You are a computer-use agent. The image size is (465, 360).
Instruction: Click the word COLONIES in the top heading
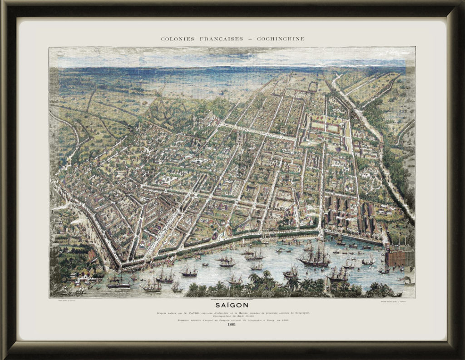tap(176, 39)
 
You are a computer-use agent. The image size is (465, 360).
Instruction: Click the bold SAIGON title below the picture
tap(232, 306)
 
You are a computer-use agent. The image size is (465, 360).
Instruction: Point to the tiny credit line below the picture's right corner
tap(396, 301)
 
